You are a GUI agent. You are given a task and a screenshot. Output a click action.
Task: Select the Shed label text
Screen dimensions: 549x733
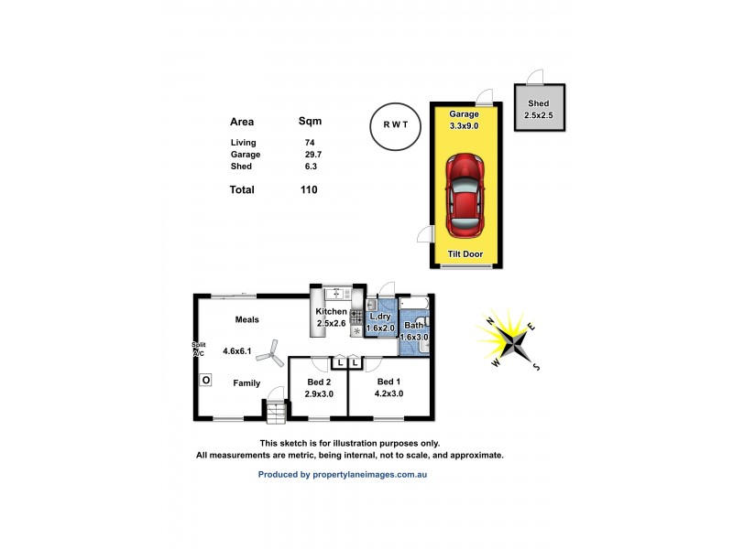tap(538, 104)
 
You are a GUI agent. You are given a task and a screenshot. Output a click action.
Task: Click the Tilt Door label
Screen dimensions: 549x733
tap(465, 254)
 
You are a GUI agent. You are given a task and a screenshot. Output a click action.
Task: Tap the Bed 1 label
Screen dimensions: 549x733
tap(389, 382)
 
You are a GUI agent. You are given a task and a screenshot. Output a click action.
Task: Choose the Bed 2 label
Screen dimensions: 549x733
tap(319, 382)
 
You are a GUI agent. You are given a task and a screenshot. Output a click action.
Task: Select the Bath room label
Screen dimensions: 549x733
tap(414, 325)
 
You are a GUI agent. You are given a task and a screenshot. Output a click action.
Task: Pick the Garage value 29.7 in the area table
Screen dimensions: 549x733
tap(312, 155)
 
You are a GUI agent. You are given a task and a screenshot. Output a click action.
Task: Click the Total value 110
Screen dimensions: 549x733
tap(309, 190)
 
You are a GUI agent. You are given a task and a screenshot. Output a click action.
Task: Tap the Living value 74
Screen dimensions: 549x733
tap(310, 143)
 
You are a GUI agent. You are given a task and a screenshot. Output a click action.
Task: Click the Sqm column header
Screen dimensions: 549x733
tap(310, 121)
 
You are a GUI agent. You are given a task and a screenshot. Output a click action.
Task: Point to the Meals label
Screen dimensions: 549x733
tap(247, 320)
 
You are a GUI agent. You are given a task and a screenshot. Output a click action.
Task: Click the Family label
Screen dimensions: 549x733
tap(246, 382)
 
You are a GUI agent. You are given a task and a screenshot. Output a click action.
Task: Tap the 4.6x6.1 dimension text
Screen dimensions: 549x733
tap(236, 350)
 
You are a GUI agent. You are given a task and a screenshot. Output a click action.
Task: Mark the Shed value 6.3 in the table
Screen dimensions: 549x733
tap(311, 167)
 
